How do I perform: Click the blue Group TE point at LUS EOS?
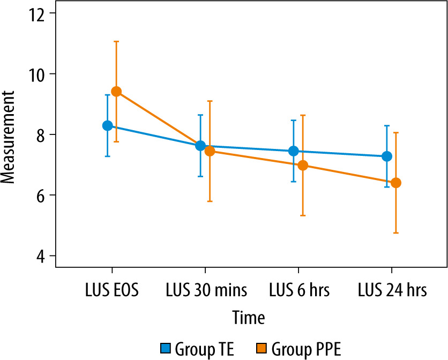click(107, 125)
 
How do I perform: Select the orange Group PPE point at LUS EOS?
click(116, 92)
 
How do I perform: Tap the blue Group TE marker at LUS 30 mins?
click(200, 146)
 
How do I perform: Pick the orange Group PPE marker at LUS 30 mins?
click(210, 151)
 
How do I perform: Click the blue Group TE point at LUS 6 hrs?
click(293, 151)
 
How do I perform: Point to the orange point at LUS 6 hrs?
click(303, 165)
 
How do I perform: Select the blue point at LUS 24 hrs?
click(386, 156)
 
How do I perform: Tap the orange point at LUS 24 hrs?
click(396, 183)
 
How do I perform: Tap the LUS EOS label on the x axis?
click(111, 291)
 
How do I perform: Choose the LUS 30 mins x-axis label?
click(205, 291)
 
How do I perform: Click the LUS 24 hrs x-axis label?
click(391, 291)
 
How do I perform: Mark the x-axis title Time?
click(249, 318)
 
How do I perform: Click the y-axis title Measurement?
click(8, 137)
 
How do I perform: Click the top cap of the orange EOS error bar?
click(116, 41)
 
